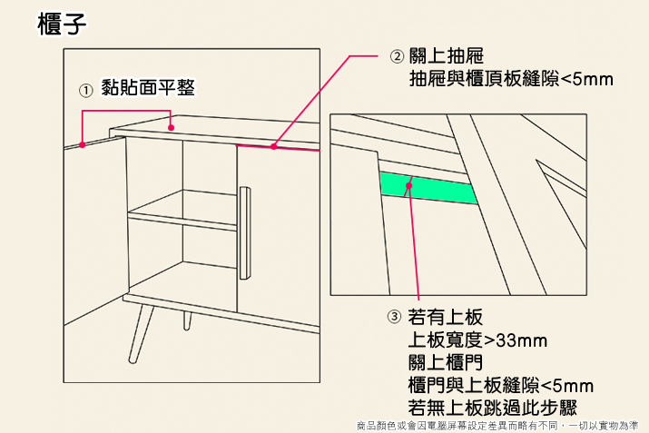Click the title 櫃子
pyautogui.click(x=63, y=25)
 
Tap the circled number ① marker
pyautogui.click(x=84, y=91)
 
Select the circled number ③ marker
pyautogui.click(x=393, y=318)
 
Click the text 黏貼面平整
pyautogui.click(x=149, y=89)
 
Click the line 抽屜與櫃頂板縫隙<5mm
pyautogui.click(x=512, y=80)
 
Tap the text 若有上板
pyautogui.click(x=446, y=318)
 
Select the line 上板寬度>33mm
pyautogui.click(x=478, y=340)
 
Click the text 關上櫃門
pyautogui.click(x=446, y=363)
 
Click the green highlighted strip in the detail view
pyautogui.click(x=427, y=186)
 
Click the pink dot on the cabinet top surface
pyautogui.click(x=171, y=127)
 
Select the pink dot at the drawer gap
pyautogui.click(x=274, y=145)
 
